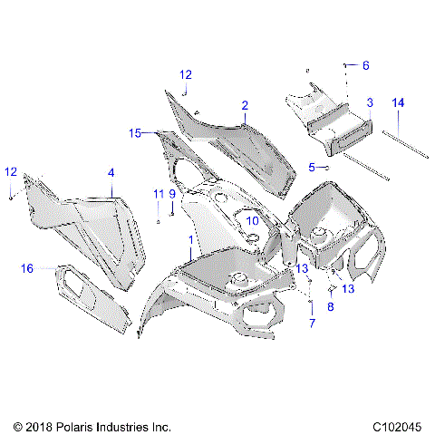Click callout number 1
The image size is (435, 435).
189,241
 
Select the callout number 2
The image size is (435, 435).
245,106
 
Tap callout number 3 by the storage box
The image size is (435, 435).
369,102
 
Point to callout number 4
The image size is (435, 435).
111,171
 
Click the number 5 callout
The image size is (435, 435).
312,167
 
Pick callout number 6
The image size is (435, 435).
366,65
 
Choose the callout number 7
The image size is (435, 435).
312,324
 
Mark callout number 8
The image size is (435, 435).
330,307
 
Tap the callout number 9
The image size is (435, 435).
171,193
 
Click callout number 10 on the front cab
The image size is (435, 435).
253,219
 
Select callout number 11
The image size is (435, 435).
158,193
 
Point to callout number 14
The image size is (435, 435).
397,102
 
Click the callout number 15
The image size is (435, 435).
135,133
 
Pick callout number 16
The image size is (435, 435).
27,267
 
